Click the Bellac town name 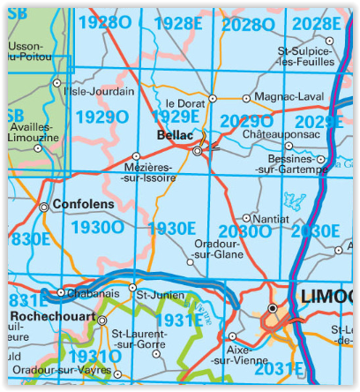click(173, 135)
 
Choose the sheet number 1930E click(172, 228)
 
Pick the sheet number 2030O click(245, 231)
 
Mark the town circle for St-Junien click(133, 288)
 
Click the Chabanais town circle click(60, 292)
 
